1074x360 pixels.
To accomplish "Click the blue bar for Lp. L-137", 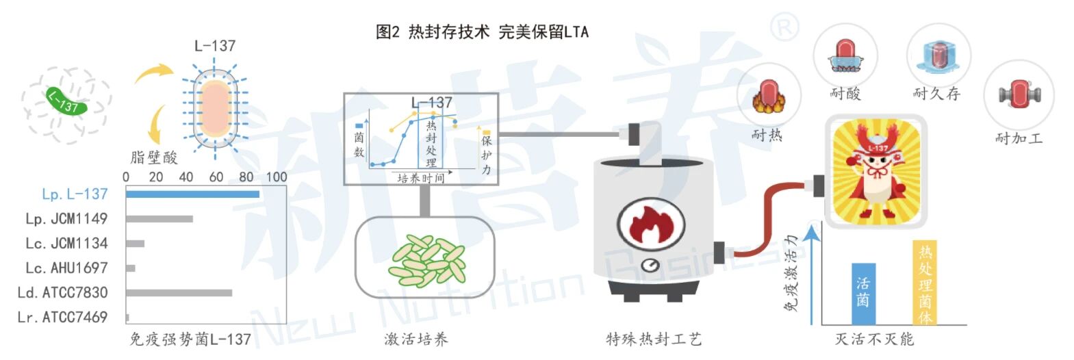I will coord(192,194).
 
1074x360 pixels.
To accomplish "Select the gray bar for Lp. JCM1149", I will coord(159,219).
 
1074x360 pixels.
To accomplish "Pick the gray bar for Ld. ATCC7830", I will coord(179,293).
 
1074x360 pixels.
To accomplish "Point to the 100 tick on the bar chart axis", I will coord(277,177).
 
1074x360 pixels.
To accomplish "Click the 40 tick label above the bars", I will coord(186,177).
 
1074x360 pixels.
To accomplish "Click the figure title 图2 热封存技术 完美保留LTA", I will coord(482,31).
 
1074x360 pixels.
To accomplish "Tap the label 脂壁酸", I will coord(154,158).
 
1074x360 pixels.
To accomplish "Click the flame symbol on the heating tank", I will coord(651,224).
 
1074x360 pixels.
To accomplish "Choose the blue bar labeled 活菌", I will coord(862,294).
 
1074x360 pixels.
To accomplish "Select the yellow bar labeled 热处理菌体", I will coord(925,282).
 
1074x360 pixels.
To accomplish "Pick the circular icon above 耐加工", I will coord(1018,94).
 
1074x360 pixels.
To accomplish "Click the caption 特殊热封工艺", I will coord(654,339).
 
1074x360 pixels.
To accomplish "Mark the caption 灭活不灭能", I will coord(874,339).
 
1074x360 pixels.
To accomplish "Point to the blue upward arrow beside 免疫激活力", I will coord(812,274).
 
